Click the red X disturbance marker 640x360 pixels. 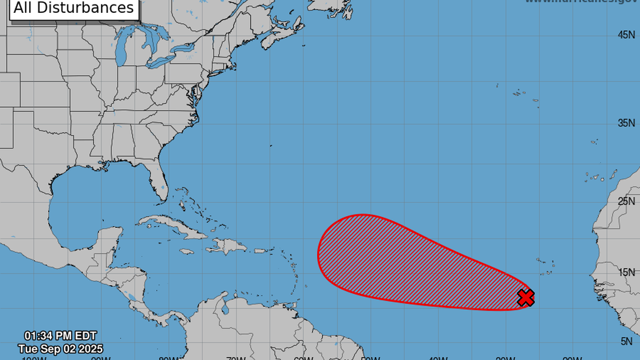pos(525,298)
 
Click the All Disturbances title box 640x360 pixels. pos(74,8)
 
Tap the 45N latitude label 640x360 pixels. pos(626,35)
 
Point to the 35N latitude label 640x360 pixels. pos(626,123)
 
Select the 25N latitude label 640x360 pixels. pos(626,201)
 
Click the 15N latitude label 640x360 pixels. pos(626,272)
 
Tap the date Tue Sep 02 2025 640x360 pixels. pos(60,349)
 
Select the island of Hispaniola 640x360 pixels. pos(227,246)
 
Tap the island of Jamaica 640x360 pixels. pos(188,252)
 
